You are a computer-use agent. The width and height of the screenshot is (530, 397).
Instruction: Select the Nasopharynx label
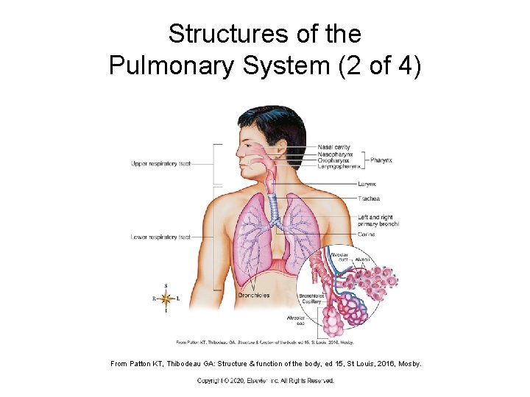click(336, 154)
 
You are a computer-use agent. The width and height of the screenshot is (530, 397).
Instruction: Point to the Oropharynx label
click(334, 160)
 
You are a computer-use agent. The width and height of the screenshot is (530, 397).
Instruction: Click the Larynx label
click(367, 184)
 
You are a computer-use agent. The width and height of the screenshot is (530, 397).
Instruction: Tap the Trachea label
click(369, 198)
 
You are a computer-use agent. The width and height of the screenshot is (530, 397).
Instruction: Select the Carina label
click(367, 235)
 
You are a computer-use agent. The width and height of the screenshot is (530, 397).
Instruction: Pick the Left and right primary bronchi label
click(378, 221)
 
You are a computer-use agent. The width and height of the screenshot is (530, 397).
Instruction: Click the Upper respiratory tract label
click(160, 163)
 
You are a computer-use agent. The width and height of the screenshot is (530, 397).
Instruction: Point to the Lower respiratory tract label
click(160, 237)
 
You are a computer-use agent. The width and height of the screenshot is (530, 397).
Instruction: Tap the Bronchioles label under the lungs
click(253, 296)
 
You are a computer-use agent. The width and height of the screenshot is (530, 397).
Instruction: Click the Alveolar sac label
click(295, 321)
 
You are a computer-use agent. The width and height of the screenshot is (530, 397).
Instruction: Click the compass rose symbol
click(166, 298)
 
